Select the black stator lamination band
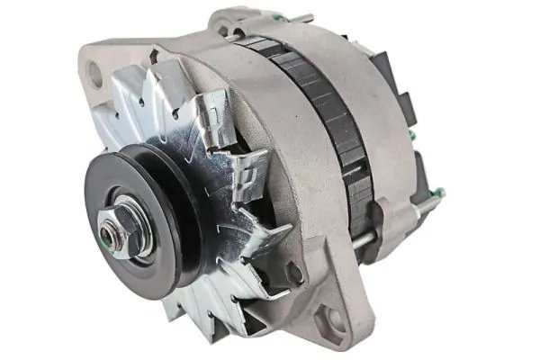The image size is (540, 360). pos(319,117)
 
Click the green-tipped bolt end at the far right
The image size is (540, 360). pos(438,193)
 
